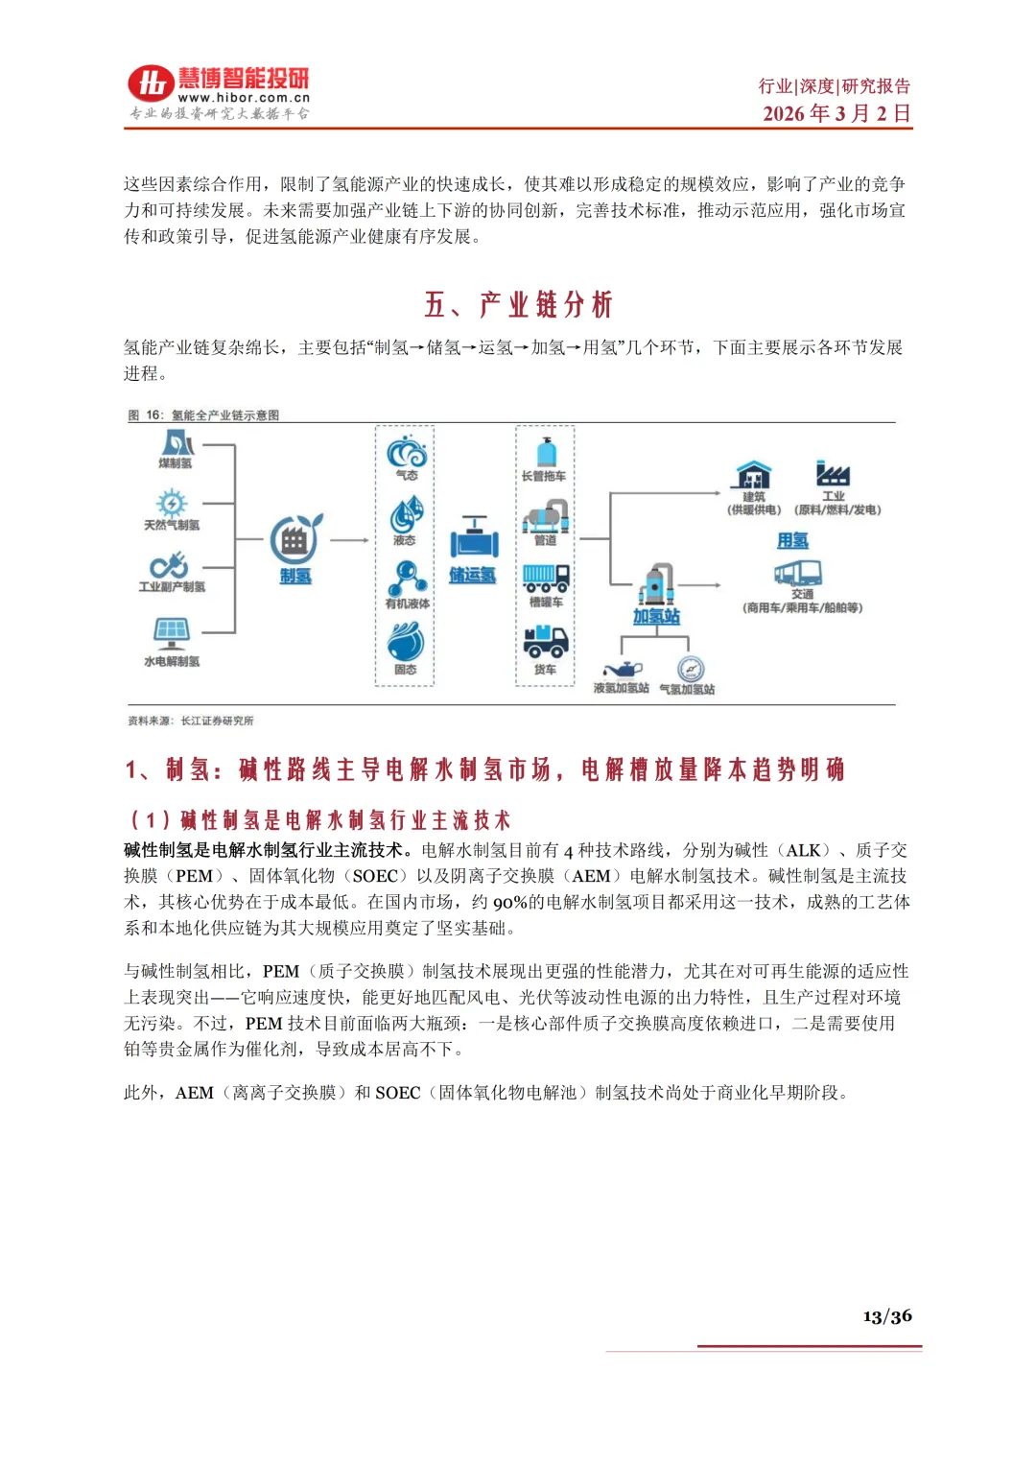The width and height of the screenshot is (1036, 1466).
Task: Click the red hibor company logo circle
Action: (151, 83)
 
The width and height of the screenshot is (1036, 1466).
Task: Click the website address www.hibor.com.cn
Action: (244, 98)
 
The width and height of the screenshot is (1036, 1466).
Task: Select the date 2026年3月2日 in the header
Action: (836, 113)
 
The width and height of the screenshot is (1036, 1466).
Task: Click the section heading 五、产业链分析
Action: (518, 305)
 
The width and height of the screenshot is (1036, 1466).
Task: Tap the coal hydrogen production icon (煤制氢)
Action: (177, 442)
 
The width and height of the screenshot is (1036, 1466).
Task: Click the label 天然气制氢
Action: (173, 525)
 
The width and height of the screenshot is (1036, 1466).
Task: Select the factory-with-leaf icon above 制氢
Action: (294, 540)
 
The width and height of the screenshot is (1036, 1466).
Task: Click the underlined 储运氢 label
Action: (473, 576)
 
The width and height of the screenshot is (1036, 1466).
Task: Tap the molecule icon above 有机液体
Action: (408, 578)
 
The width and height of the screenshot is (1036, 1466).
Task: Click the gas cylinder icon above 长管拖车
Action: (546, 452)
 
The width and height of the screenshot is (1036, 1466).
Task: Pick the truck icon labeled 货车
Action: (545, 641)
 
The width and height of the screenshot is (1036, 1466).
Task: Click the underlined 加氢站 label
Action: (656, 617)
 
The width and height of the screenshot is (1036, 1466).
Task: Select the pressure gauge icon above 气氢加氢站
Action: (690, 669)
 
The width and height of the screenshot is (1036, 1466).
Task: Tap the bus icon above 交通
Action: (798, 574)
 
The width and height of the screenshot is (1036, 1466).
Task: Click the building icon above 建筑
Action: (754, 475)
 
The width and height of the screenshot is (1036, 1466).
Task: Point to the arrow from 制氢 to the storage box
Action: (349, 540)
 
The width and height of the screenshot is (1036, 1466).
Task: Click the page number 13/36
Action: (886, 1316)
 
